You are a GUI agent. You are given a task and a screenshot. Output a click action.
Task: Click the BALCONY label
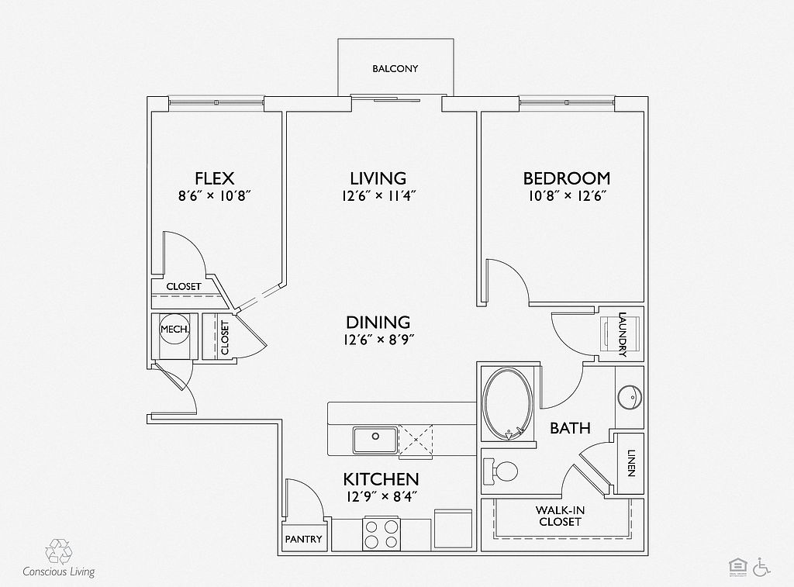[395, 69]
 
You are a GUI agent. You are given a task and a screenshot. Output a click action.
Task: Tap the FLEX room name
[214, 178]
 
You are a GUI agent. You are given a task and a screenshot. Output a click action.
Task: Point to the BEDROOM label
[566, 178]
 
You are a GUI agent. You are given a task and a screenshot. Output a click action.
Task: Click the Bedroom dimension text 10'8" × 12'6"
[566, 196]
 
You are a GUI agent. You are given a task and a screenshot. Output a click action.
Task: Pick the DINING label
[378, 322]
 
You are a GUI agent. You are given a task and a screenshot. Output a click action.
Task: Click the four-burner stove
[381, 533]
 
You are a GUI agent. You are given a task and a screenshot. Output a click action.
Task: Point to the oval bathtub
[508, 403]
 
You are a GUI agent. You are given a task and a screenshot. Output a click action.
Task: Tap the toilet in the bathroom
[502, 471]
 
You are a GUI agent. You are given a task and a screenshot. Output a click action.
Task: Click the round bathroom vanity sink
[630, 397]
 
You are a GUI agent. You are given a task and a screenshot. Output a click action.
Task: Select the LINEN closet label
[630, 464]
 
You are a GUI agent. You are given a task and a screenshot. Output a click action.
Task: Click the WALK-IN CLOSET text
[559, 516]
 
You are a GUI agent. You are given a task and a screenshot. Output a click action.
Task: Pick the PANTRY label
[303, 539]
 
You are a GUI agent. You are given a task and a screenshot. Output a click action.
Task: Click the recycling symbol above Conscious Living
[58, 551]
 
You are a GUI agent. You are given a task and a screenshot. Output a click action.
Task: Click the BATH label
[570, 428]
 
